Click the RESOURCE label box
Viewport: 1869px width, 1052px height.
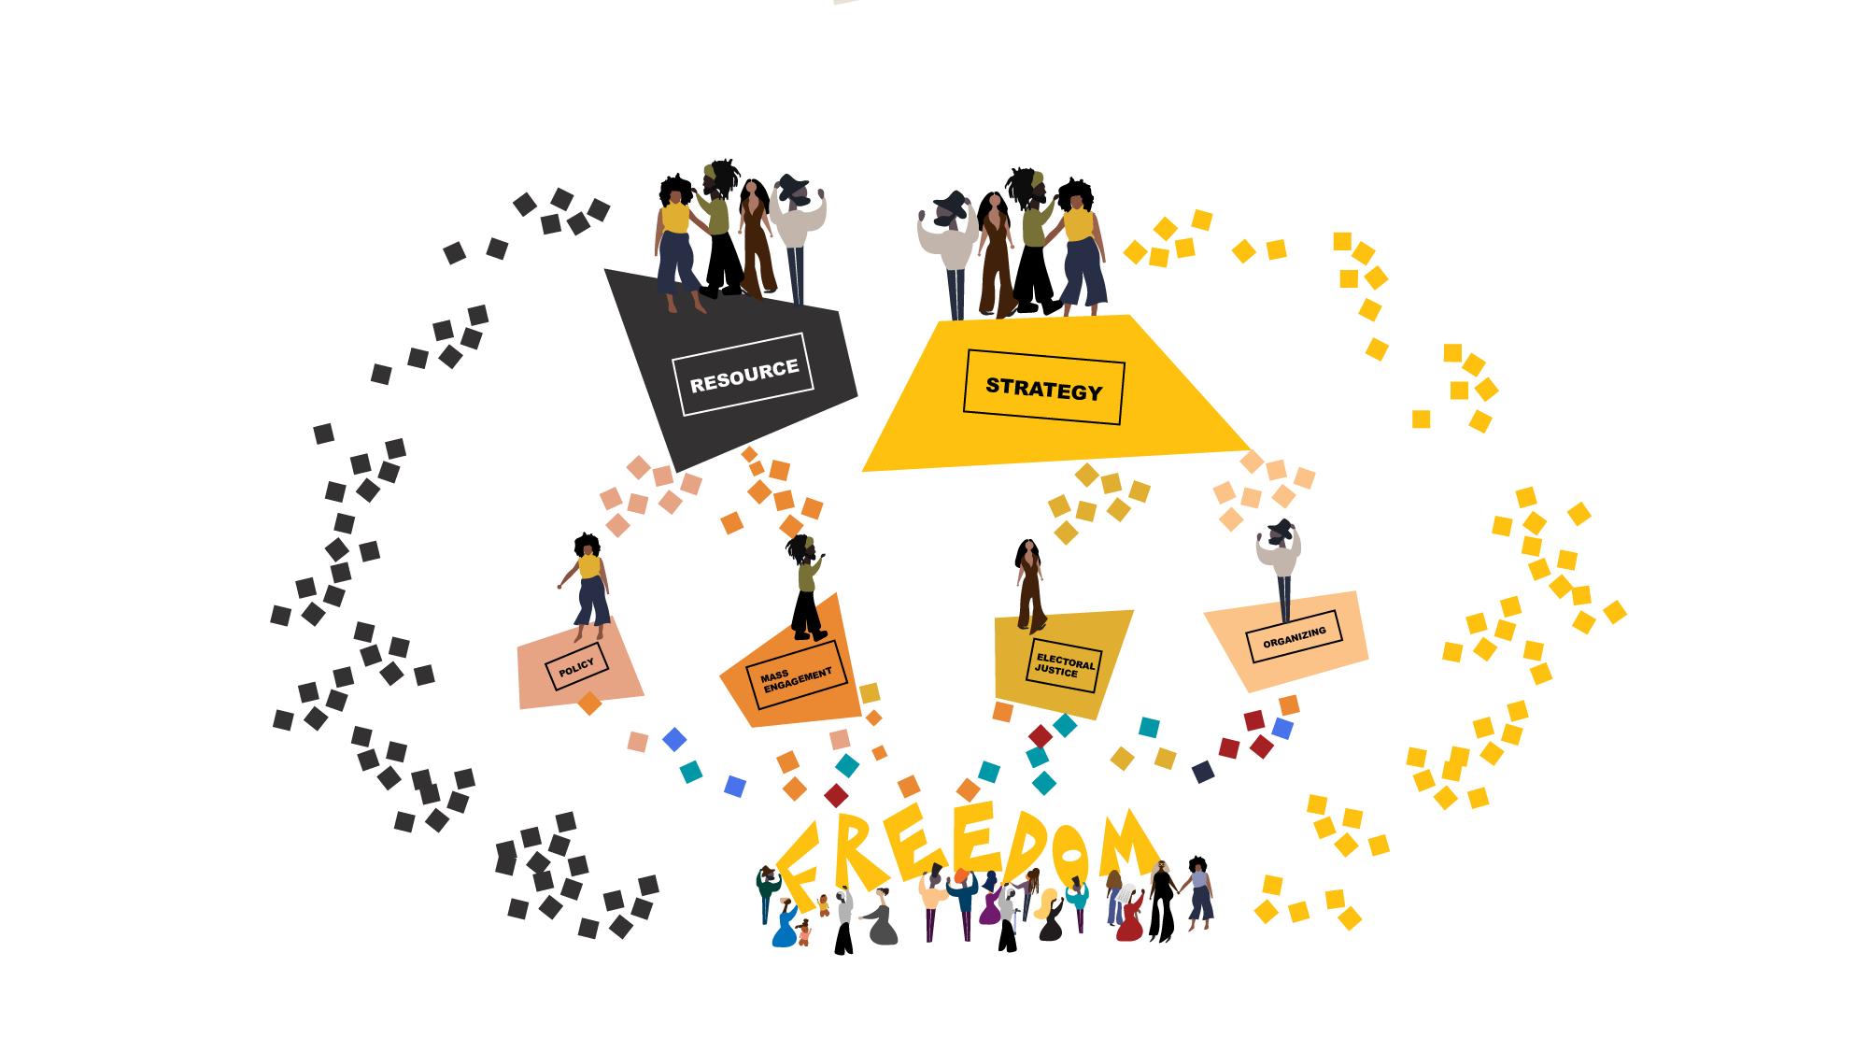[743, 375]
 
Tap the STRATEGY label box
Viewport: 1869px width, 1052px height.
[1044, 388]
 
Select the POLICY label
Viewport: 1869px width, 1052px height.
[576, 667]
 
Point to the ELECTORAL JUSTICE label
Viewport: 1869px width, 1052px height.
[1064, 665]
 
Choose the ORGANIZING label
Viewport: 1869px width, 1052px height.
[1295, 637]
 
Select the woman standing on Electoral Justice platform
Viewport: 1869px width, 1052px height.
[1030, 584]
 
